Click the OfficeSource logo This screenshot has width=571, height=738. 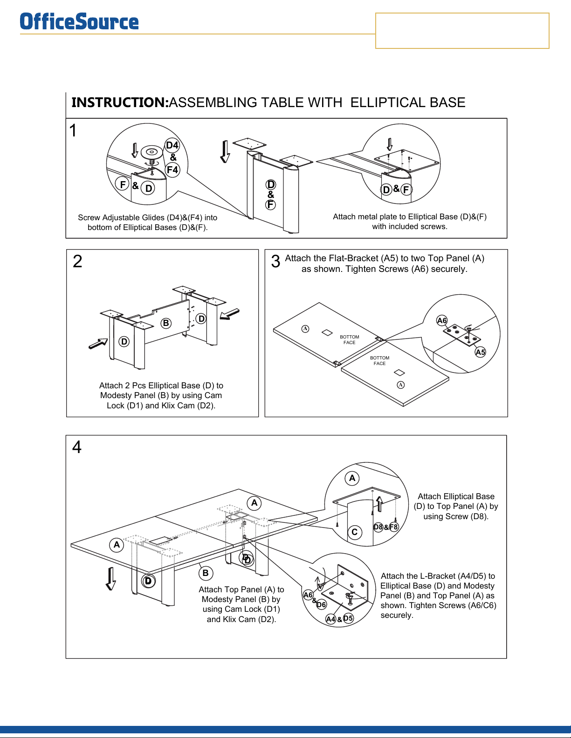[x=79, y=22]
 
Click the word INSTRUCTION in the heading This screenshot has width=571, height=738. [x=120, y=102]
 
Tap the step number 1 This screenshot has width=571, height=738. [x=73, y=131]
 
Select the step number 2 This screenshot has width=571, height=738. [x=77, y=261]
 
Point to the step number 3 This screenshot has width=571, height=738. [x=275, y=261]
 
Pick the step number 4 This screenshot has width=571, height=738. [x=77, y=447]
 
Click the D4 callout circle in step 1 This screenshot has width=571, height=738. [x=172, y=145]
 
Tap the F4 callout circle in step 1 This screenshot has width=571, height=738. [x=172, y=170]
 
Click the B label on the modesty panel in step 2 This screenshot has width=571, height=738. [x=166, y=323]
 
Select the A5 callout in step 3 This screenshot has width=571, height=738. [x=480, y=352]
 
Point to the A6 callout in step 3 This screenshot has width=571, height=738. [x=442, y=320]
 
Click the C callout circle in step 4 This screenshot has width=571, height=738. [x=355, y=532]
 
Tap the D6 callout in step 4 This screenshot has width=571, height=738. [x=322, y=605]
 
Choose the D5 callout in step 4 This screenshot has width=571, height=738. [x=348, y=618]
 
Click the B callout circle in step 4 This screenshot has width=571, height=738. [x=206, y=573]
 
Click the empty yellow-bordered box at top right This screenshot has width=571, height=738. [x=462, y=31]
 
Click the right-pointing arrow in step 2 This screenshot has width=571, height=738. [x=98, y=344]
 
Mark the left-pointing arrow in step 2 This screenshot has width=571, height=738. [x=229, y=314]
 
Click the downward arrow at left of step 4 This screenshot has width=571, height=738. [x=110, y=579]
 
